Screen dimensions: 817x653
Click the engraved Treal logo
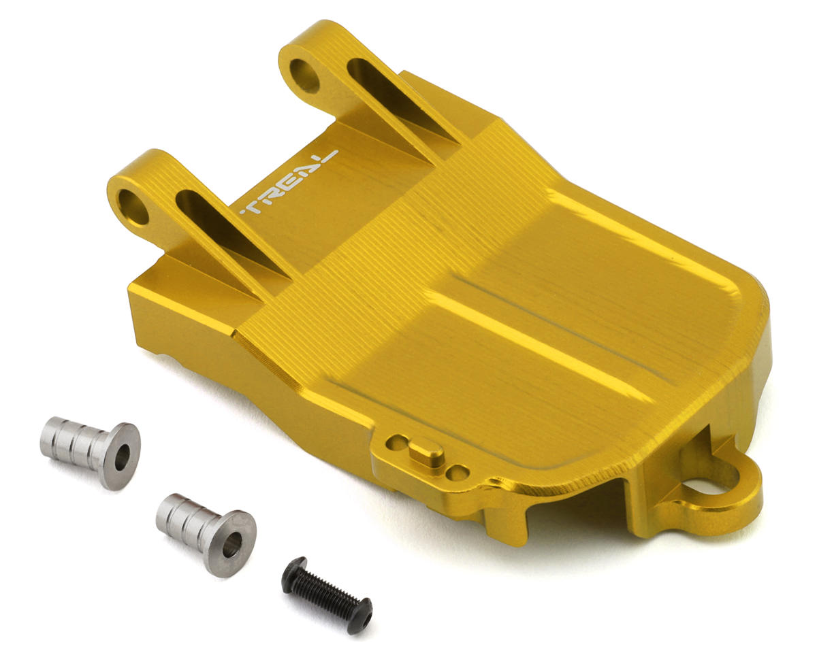coord(289,182)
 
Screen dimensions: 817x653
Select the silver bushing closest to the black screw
coord(206,535)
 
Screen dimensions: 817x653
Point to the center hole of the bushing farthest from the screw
coord(122,458)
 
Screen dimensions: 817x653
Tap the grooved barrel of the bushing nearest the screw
coord(185,524)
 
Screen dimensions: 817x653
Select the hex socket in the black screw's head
coord(365,622)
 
